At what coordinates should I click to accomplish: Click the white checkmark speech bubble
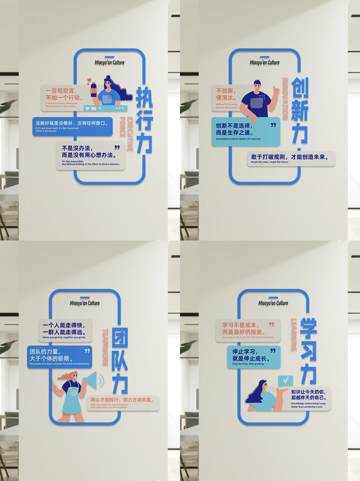coord(285,380)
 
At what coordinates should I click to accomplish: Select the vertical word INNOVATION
coord(285,99)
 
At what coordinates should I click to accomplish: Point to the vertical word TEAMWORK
coord(105,347)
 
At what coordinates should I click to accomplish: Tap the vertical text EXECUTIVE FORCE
coord(127,132)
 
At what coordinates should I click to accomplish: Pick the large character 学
coord(309,328)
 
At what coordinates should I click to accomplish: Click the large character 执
coord(144,97)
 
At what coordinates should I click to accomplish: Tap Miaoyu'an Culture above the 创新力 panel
coord(265,63)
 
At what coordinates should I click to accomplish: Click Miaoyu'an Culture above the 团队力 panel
coord(85,303)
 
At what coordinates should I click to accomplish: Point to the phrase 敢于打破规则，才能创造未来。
coord(289,157)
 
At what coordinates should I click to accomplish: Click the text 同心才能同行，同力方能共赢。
coord(122,400)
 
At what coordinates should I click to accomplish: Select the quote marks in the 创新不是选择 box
coord(273,125)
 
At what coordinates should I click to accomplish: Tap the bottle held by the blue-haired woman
coord(94,89)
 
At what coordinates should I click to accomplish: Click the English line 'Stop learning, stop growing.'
coord(248,364)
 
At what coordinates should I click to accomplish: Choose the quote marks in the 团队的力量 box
coord(87,351)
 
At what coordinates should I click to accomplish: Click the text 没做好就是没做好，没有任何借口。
coord(72,123)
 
